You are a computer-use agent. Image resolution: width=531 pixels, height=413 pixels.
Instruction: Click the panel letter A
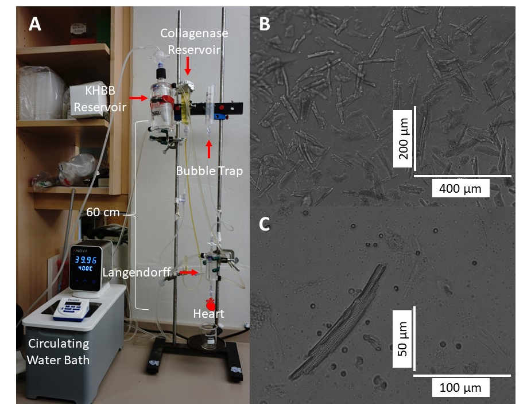coord(36,24)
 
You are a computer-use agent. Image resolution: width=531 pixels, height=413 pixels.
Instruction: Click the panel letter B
coord(265,24)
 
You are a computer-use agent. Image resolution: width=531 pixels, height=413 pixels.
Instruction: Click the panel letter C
coord(265,224)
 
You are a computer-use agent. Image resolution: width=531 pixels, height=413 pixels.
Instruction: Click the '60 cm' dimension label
coord(103,212)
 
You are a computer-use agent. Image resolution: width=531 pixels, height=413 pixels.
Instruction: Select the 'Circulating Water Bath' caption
coord(59,352)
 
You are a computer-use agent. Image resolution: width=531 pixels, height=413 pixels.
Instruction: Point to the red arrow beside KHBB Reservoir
coord(138,99)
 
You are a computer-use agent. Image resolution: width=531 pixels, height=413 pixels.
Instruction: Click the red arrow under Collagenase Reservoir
coord(187,67)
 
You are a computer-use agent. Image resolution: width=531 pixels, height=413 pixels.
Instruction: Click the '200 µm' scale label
coord(404,136)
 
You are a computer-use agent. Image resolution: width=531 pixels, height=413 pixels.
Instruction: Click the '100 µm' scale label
coord(461,387)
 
